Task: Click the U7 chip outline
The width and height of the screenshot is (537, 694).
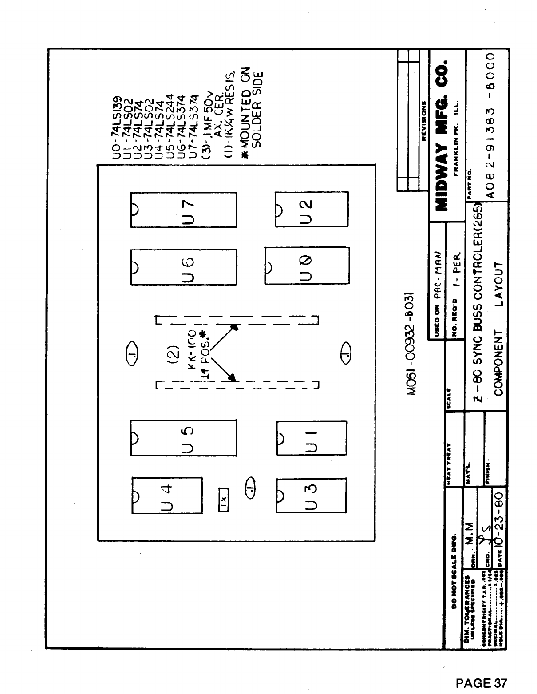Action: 183,210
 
